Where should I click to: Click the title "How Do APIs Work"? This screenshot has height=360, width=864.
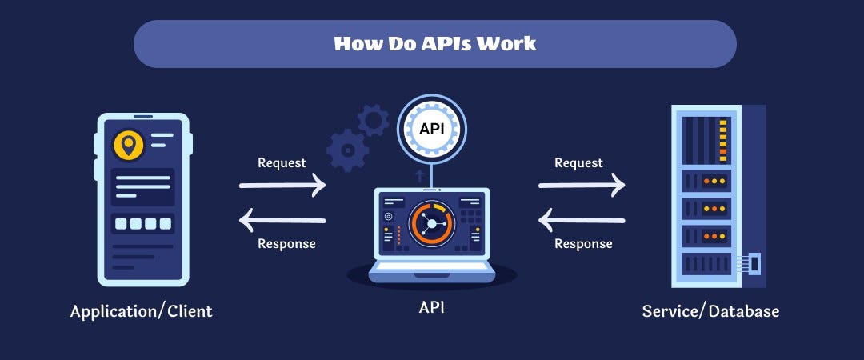tap(434, 43)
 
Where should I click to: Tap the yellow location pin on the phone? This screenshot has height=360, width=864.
tap(128, 145)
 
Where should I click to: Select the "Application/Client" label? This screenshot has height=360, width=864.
tap(142, 311)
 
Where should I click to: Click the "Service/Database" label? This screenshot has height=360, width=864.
tap(710, 311)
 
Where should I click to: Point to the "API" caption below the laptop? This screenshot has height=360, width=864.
tap(431, 307)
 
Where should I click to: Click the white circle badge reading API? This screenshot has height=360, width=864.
tap(432, 129)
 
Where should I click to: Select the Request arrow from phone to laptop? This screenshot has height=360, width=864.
tap(282, 186)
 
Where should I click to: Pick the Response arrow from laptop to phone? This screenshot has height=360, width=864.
tap(282, 218)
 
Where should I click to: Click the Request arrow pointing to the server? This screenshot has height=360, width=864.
tap(582, 186)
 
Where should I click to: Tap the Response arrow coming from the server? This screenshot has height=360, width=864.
tap(582, 218)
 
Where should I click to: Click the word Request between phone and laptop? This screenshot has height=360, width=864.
tap(282, 163)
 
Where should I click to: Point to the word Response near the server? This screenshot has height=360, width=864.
tap(583, 243)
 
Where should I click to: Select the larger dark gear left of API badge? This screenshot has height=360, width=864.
tap(348, 150)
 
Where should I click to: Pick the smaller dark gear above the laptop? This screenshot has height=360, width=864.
tap(373, 121)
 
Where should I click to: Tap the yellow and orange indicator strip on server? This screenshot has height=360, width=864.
tap(723, 140)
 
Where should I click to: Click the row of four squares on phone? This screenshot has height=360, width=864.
tap(143, 223)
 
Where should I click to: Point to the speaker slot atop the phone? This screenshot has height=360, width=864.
tap(143, 117)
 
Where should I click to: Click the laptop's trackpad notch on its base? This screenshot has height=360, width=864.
tap(432, 274)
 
